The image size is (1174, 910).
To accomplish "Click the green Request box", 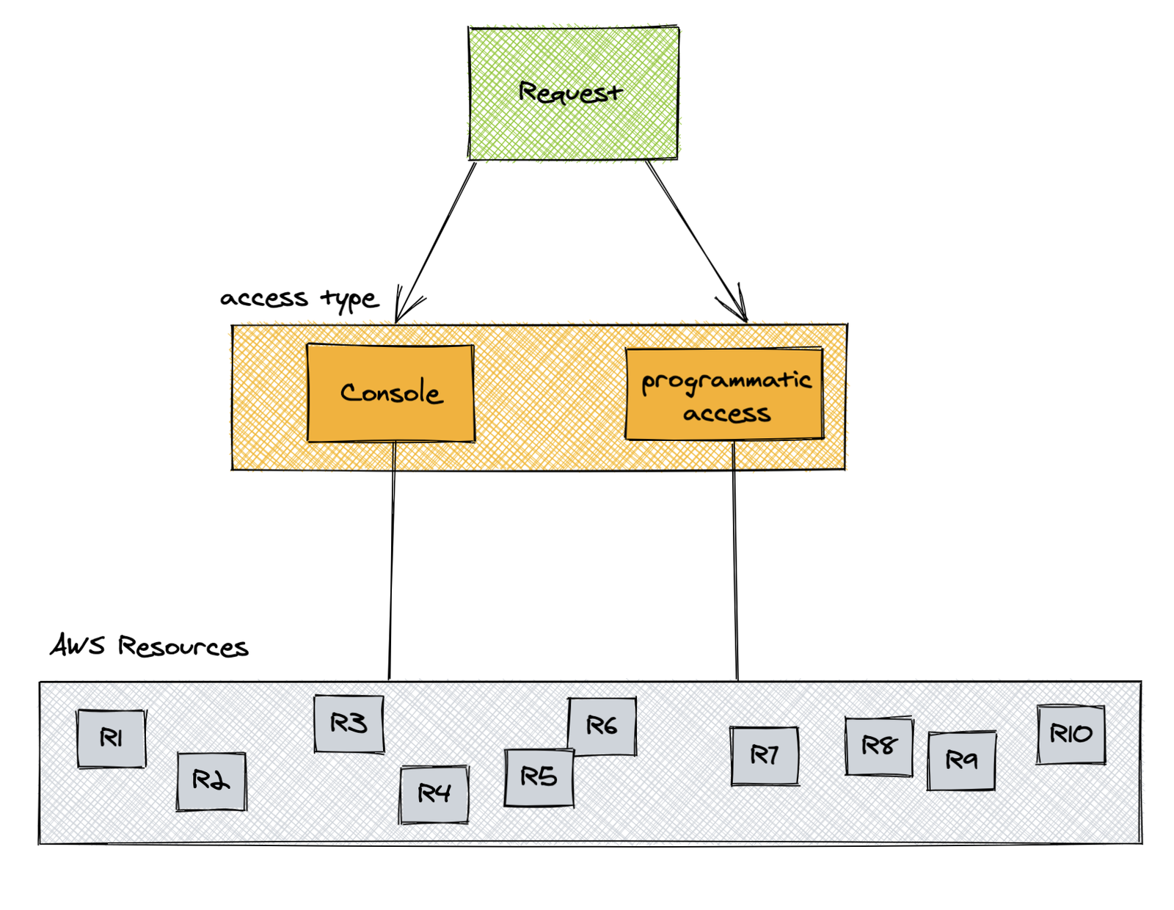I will coord(573,93).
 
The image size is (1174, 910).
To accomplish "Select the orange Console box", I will coord(390,393).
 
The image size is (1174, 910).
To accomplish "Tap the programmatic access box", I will coord(725,394).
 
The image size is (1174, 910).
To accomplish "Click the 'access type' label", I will coord(299,299).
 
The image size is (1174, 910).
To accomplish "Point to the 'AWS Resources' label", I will coord(149,647).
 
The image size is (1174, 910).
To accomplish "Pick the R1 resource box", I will coord(112,738).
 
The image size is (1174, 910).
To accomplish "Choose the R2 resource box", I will coord(211,781).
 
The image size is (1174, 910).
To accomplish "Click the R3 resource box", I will coord(349,724).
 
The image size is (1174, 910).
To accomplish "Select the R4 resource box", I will coord(434,794).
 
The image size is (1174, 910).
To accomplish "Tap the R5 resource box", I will coord(539,778).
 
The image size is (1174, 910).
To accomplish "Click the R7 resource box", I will coord(765,756).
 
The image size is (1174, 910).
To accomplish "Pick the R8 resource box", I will coord(879,746).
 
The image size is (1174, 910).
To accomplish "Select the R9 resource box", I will coord(961,760).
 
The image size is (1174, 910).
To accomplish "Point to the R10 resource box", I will coord(1071,734).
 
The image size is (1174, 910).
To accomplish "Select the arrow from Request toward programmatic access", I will coord(696,241).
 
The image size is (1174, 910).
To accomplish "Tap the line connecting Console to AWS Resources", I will coord(392,561).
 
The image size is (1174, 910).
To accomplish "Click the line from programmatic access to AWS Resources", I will coord(735,561).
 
